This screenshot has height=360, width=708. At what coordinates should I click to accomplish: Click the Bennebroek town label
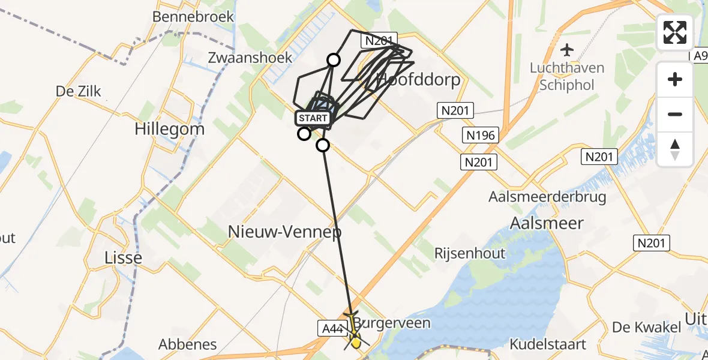(193, 16)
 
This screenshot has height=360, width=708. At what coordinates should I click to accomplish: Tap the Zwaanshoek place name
(250, 58)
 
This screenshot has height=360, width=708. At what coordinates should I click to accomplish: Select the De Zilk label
(79, 92)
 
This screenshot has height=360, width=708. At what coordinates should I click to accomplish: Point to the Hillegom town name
(169, 128)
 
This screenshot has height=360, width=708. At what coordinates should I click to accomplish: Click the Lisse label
(123, 257)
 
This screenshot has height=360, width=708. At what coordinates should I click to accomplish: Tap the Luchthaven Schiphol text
(566, 76)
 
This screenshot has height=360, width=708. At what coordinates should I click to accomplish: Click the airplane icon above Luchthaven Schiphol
(566, 49)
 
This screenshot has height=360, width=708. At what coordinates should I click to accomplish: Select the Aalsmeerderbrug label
(547, 196)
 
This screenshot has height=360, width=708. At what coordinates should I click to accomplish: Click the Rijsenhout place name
(470, 253)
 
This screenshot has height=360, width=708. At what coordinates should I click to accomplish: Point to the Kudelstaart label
(548, 344)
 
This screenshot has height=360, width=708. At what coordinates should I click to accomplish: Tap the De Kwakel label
(646, 327)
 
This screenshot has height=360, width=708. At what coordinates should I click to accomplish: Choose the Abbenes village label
(187, 344)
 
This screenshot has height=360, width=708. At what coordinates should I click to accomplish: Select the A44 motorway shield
(331, 328)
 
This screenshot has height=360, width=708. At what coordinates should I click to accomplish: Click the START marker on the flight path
(313, 118)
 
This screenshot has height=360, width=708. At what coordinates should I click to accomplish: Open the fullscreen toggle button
(675, 32)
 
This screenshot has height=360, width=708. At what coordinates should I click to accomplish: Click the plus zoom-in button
(675, 79)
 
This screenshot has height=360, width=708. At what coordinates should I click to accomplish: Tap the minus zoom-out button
(675, 114)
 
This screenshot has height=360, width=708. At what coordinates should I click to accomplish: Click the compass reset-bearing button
(675, 149)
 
